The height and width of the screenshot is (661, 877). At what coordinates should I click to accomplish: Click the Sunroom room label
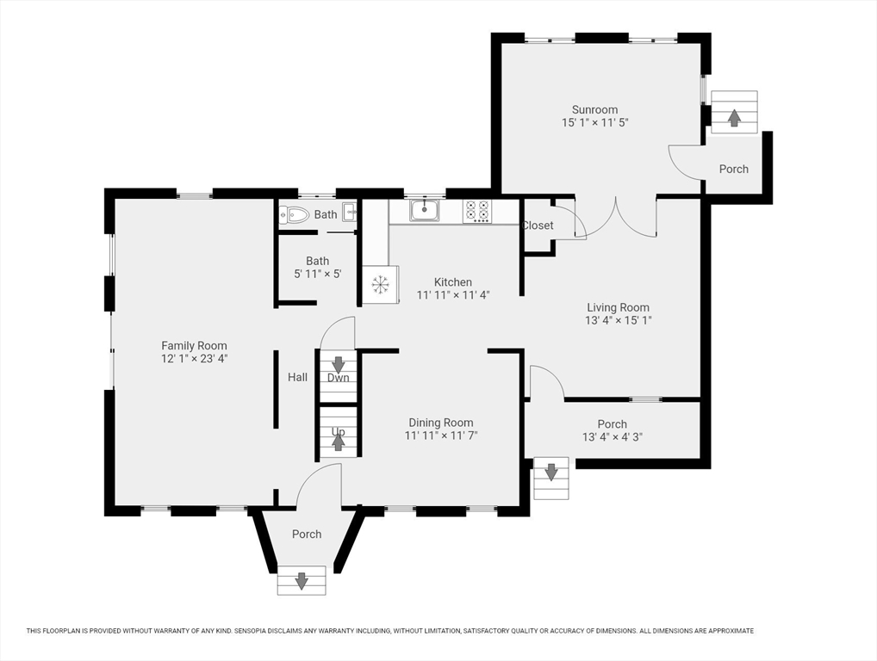(x=594, y=109)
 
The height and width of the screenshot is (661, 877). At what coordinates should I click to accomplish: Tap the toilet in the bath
(x=294, y=214)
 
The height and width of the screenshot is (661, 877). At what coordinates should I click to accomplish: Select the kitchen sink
(x=425, y=210)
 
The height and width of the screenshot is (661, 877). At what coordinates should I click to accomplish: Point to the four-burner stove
(x=477, y=212)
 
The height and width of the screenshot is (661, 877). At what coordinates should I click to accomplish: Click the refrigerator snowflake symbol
(x=380, y=284)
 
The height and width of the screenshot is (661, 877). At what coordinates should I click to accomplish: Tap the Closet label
(x=538, y=225)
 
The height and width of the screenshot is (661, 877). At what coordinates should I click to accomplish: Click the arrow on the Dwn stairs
(x=338, y=364)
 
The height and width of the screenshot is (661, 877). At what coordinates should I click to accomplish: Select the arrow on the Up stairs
(x=338, y=442)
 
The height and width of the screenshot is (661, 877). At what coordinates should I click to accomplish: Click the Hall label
(x=297, y=377)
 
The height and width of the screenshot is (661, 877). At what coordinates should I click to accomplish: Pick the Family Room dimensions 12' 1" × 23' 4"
(x=194, y=359)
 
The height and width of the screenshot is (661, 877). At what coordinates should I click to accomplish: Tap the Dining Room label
(x=441, y=423)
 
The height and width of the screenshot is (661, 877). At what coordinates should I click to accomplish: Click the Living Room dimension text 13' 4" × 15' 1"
(x=618, y=320)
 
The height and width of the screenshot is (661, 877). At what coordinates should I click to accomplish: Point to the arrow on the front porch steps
(x=302, y=581)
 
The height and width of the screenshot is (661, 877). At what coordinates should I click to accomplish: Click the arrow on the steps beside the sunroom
(x=734, y=117)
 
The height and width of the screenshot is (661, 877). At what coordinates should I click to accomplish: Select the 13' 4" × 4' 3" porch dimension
(x=612, y=437)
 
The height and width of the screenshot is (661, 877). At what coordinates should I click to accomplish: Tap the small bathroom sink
(x=350, y=213)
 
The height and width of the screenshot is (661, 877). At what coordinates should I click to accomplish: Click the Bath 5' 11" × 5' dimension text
(x=318, y=274)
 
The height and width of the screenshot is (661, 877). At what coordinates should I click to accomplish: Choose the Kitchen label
(x=453, y=282)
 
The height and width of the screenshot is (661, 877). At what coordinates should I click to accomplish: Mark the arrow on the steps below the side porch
(x=551, y=473)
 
